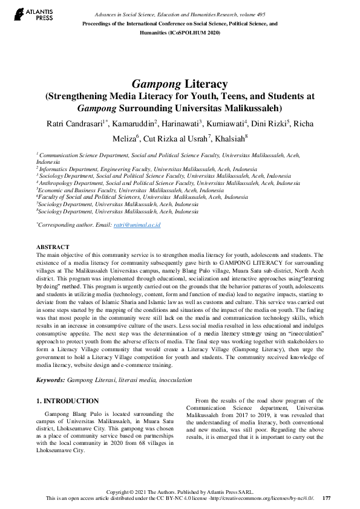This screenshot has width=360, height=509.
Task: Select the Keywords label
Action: [x=51, y=380]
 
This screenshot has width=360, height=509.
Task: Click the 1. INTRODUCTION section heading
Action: [x=67, y=401]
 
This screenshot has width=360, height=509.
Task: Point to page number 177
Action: [x=326, y=498]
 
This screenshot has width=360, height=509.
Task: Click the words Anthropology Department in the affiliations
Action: [x=68, y=183]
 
